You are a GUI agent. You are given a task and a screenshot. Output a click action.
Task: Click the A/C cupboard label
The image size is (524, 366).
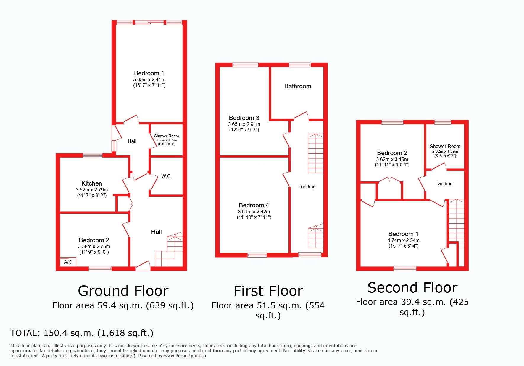point(68,262)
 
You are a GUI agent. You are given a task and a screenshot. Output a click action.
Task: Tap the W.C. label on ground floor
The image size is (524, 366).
point(167,176)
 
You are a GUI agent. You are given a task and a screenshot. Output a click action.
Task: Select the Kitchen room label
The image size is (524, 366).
point(92,183)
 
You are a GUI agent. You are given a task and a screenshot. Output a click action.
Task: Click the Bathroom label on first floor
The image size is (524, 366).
point(298,86)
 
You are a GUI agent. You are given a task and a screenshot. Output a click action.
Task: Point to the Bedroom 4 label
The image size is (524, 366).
point(254,205)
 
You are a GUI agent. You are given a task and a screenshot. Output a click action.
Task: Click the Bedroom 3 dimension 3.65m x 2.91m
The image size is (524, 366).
point(244,124)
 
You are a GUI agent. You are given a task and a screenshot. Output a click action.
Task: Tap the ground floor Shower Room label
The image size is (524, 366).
point(166,136)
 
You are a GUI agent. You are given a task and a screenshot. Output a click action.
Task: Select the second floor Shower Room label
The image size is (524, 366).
point(445,146)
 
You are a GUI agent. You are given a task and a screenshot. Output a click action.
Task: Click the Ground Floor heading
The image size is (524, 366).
point(123,291)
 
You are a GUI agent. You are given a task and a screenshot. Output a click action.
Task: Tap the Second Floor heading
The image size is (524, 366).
point(412,288)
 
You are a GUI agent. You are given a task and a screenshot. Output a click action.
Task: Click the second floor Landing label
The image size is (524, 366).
point(444,183)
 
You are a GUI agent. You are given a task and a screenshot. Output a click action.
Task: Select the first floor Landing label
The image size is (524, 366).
point(307,187)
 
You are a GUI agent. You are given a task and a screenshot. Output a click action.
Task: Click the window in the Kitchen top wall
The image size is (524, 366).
point(92,155)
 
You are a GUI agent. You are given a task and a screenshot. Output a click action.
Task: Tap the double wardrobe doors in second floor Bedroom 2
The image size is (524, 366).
point(389,180)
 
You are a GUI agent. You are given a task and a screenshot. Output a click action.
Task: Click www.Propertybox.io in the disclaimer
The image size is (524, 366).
point(185,356)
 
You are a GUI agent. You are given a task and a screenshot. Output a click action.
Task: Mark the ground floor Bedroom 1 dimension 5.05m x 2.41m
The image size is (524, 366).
point(149,79)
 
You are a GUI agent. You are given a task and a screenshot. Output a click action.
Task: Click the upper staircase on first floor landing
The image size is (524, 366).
point(315,153)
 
